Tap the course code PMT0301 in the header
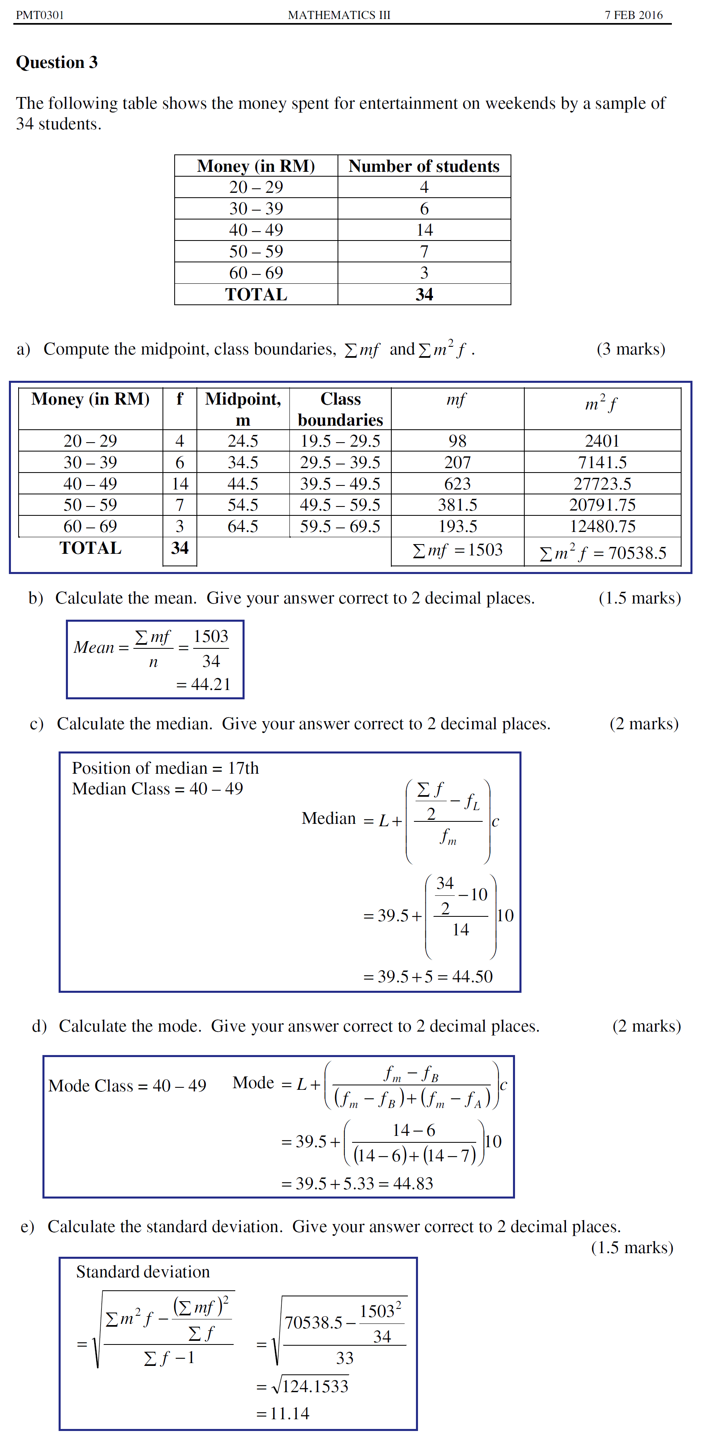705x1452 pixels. [x=40, y=15]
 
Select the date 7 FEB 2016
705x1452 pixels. [x=633, y=15]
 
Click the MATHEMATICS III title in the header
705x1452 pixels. [x=339, y=15]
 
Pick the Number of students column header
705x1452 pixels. [x=424, y=166]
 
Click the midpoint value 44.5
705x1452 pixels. [x=243, y=483]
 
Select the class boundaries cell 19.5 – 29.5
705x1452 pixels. [x=340, y=441]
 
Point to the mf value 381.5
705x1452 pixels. [x=458, y=505]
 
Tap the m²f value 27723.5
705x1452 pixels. [x=602, y=483]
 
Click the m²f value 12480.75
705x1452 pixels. [x=602, y=526]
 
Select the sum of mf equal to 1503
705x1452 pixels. [x=458, y=550]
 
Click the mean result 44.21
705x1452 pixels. [x=211, y=684]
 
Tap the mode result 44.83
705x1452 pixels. [x=413, y=1183]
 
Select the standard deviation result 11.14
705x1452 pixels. [x=290, y=1413]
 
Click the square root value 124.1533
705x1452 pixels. [x=315, y=1386]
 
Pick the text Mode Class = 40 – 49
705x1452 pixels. [x=127, y=1086]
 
